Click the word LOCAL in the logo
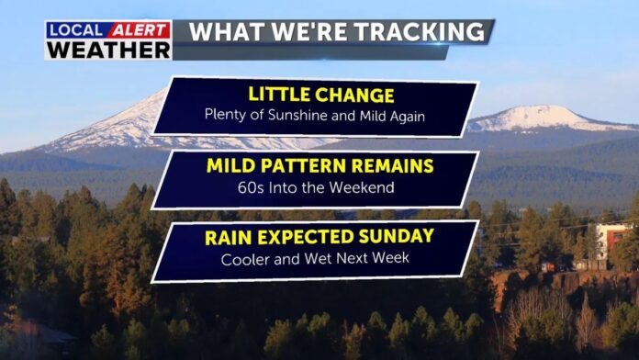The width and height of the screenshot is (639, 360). point(76,30)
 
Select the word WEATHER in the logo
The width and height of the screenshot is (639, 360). point(107,50)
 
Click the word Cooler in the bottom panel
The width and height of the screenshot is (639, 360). point(244,259)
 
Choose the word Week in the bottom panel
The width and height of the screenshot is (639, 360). point(389,259)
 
